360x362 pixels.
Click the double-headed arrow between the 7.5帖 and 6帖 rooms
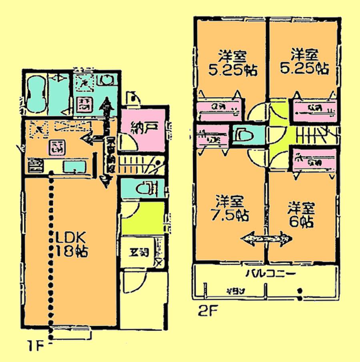click(266, 238)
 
